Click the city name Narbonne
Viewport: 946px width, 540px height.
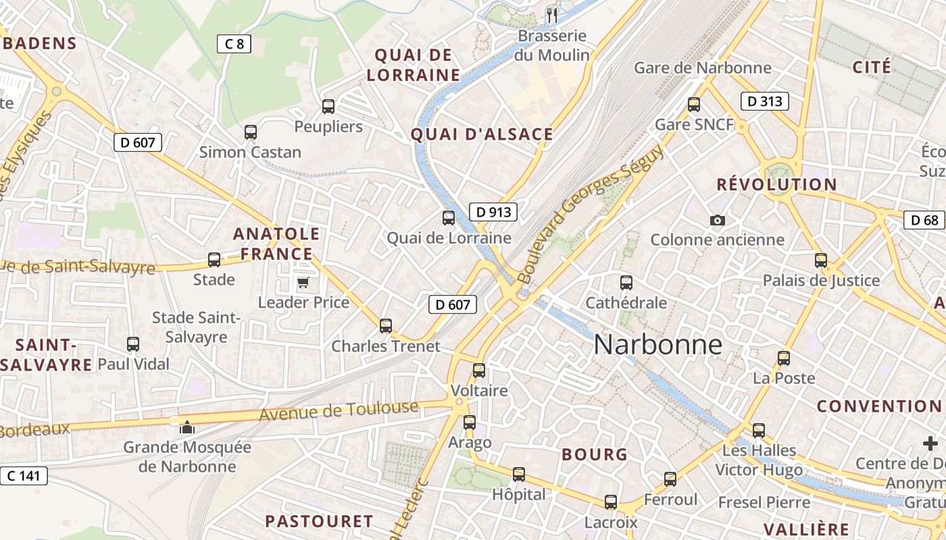(x=657, y=345)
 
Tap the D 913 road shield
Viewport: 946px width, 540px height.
(x=493, y=212)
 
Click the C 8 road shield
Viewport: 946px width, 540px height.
(x=234, y=45)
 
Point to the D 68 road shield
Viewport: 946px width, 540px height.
(x=924, y=220)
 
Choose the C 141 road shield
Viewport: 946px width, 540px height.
(x=24, y=476)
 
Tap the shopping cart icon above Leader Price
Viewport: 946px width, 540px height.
(x=303, y=282)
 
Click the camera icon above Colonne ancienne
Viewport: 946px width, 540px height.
(x=717, y=220)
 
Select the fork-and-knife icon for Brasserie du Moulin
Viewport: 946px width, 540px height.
(x=552, y=16)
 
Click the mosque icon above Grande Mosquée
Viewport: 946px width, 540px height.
(x=186, y=427)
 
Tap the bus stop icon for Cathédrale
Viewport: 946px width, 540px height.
(x=626, y=283)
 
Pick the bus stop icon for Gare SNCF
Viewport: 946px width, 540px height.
(x=694, y=105)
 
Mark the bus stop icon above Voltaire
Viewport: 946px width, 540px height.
(x=479, y=370)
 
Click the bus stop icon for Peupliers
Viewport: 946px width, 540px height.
(x=328, y=106)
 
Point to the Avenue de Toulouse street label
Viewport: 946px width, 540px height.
(x=339, y=411)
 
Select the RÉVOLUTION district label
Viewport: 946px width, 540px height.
(x=776, y=184)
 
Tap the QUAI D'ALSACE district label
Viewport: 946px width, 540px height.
(x=482, y=134)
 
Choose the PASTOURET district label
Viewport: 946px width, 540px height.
(x=319, y=521)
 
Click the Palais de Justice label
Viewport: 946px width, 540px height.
(x=821, y=280)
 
